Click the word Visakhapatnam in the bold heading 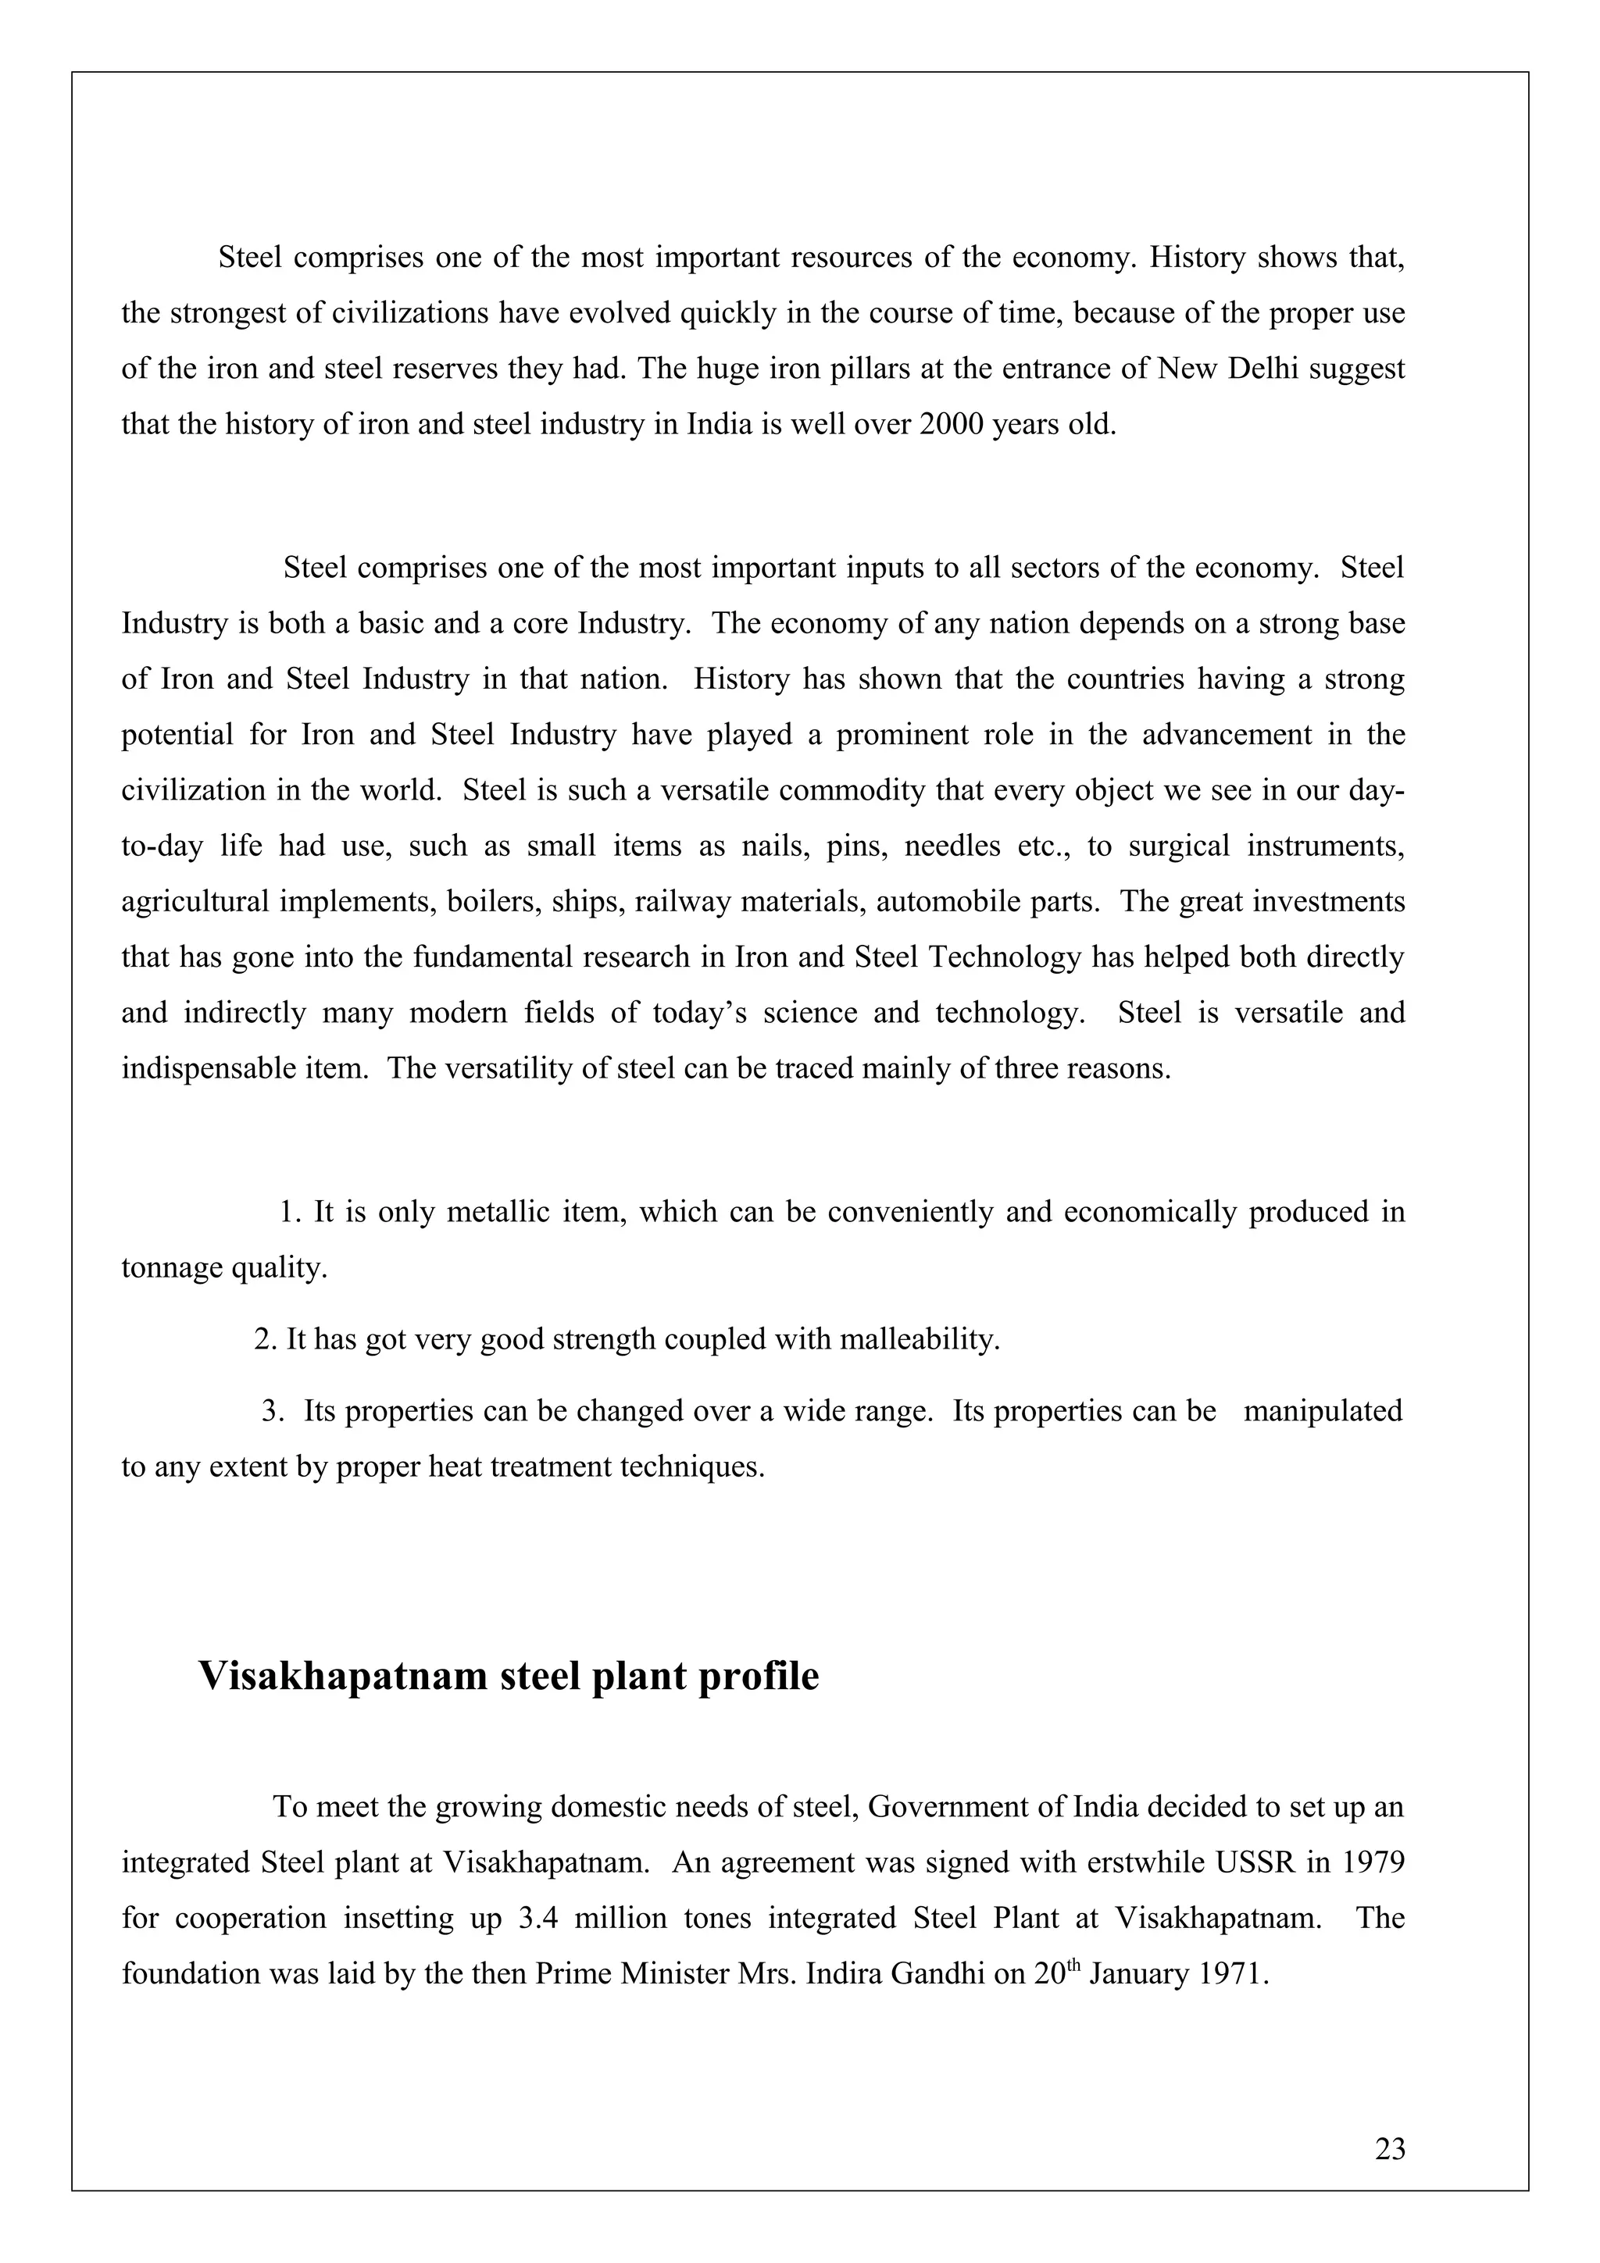tap(342, 1677)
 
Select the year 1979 tap(1371, 1863)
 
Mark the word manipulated tap(1322, 1410)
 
